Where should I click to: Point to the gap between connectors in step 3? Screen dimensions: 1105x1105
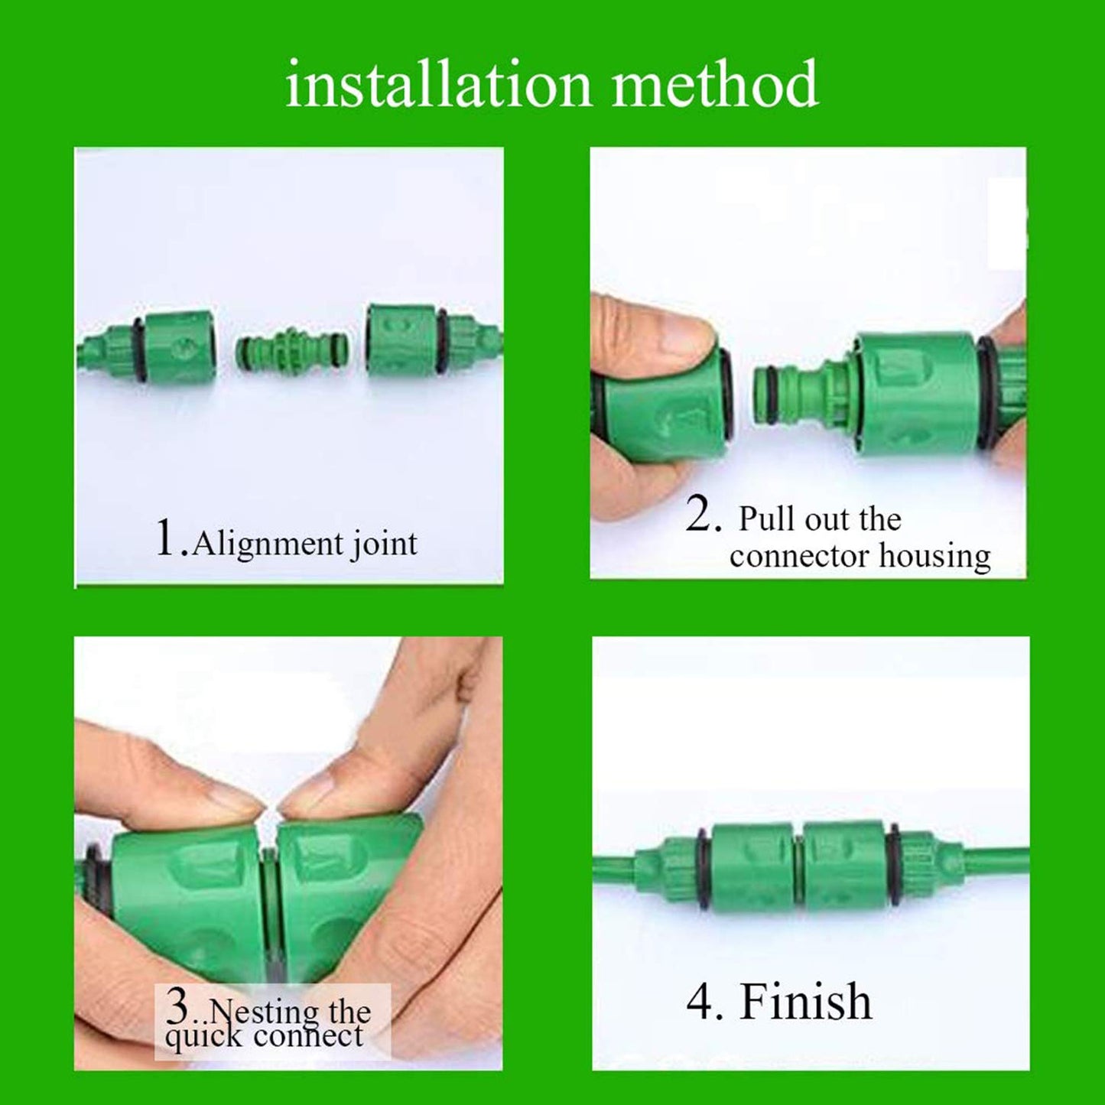(268, 879)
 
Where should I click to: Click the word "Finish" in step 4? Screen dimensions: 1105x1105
(805, 1002)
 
